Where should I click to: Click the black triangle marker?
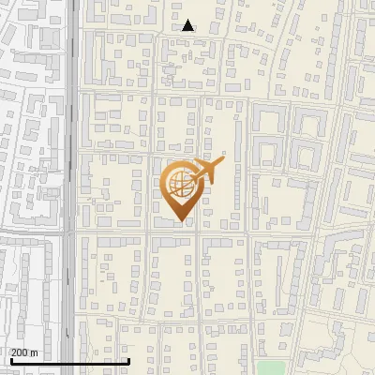click(188, 25)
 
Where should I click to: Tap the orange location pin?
click(181, 191)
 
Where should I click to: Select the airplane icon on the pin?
click(205, 171)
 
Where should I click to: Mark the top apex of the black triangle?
click(188, 20)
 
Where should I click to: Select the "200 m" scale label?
click(24, 352)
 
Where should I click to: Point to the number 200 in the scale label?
click(20, 352)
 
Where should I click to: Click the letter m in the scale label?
click(34, 352)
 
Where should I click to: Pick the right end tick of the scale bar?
click(128, 359)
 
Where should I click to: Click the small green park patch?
click(271, 367)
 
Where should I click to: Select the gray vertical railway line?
click(71, 141)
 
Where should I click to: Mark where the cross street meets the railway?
click(71, 231)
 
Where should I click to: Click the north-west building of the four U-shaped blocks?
click(268, 118)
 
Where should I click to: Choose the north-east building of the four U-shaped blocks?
click(310, 118)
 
